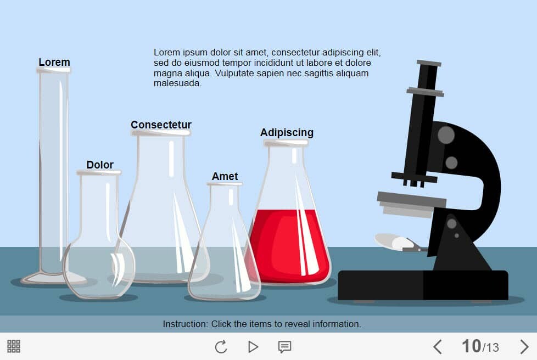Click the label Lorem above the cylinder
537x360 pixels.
point(54,62)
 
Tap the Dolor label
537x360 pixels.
point(100,165)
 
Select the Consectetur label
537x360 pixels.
point(161,125)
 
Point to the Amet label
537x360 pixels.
point(225,176)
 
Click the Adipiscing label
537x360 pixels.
point(287,133)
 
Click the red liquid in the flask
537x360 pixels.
point(290,245)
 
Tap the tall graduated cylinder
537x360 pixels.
point(53,175)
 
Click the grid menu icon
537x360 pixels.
point(14,346)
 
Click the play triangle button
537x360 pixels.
point(253,347)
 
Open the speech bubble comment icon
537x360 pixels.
point(284,347)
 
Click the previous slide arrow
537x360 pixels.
point(437,347)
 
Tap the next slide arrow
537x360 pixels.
point(524,347)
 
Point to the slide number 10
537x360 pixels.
point(471,346)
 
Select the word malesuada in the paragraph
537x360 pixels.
point(177,83)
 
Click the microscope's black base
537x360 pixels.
point(423,285)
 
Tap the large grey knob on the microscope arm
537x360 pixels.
point(446,135)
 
